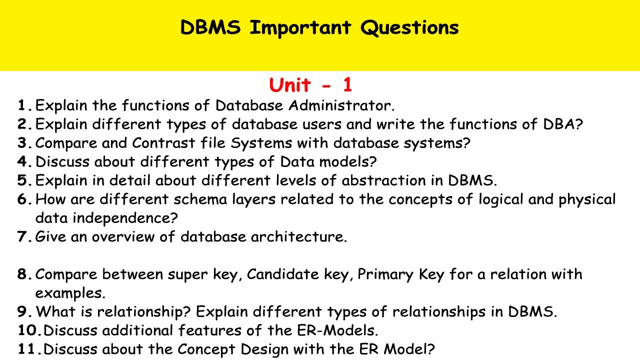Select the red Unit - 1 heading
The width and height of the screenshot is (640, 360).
point(310,85)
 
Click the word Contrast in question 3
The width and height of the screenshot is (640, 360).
point(164,143)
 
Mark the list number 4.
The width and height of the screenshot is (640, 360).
point(25,162)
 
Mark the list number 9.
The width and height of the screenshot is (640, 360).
point(25,311)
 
